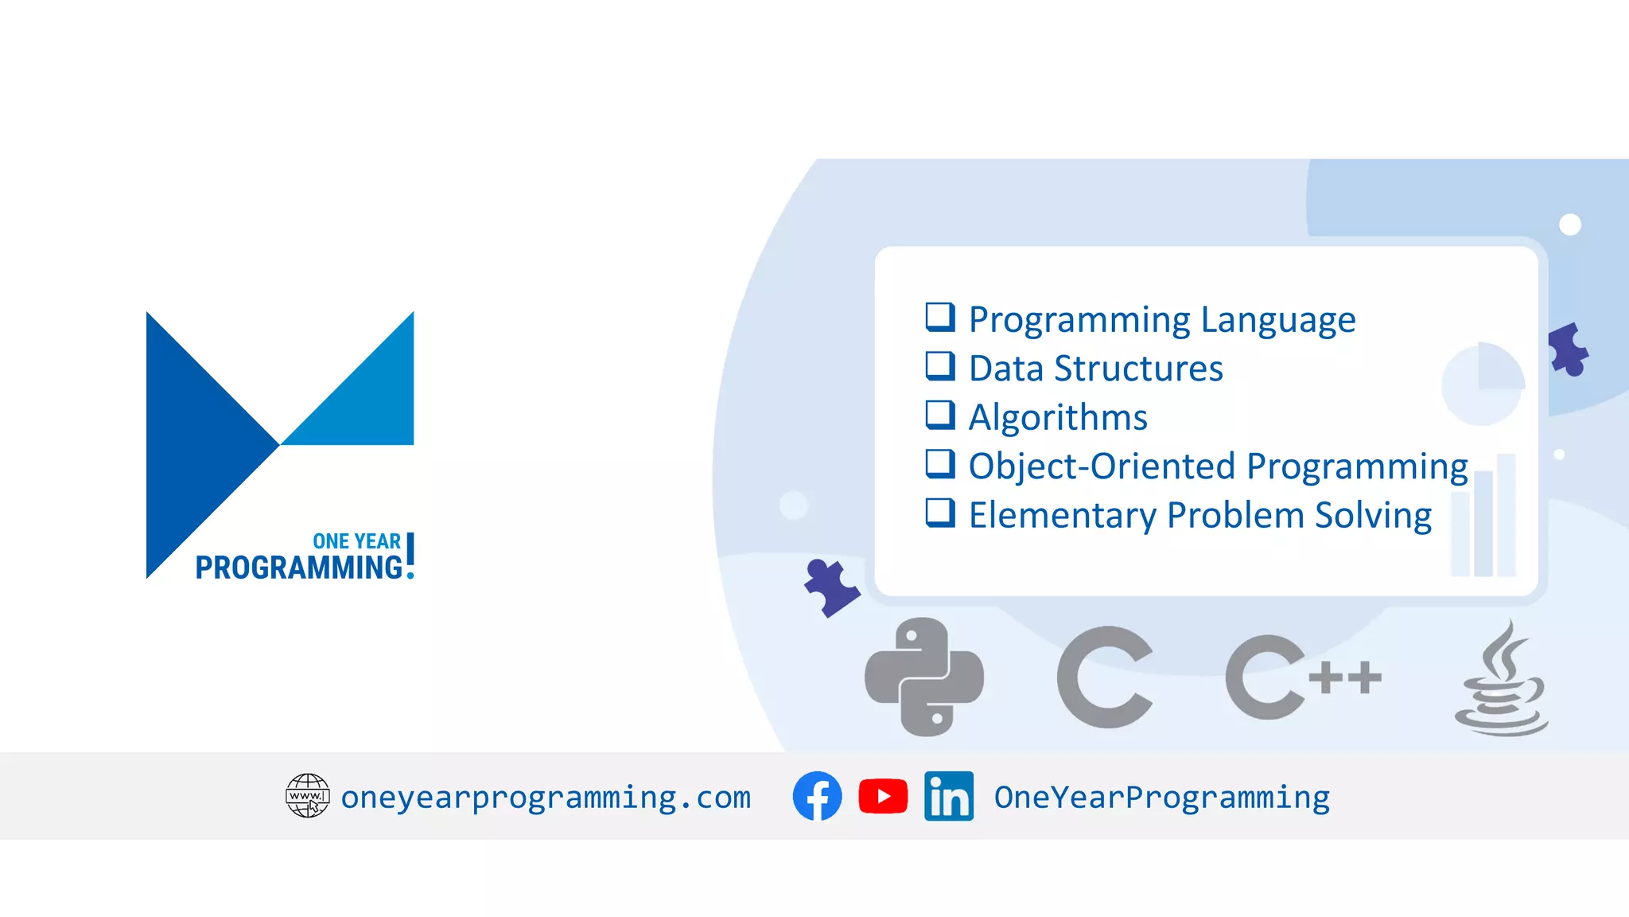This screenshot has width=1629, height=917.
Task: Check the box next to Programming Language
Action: point(939,317)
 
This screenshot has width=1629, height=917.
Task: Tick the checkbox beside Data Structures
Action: point(939,366)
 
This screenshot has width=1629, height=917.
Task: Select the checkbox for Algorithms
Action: point(939,415)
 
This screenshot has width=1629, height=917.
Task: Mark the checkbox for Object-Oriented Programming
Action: point(939,464)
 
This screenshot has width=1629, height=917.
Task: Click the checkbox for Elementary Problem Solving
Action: point(939,513)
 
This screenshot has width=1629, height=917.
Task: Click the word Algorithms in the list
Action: point(1058,417)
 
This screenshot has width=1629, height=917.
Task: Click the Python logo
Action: point(924,677)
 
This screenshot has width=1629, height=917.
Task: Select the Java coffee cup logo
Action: point(1501,681)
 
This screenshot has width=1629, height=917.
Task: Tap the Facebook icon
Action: point(817,796)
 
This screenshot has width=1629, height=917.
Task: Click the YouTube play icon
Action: point(883,796)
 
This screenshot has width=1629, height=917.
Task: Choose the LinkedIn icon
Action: point(949,796)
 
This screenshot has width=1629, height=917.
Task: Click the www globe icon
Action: point(307,795)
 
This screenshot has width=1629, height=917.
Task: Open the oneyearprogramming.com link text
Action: point(546,798)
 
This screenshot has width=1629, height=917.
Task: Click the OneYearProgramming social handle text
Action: point(1161,798)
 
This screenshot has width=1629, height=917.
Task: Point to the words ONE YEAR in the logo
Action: point(356,541)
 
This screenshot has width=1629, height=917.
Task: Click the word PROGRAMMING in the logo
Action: point(299,568)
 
